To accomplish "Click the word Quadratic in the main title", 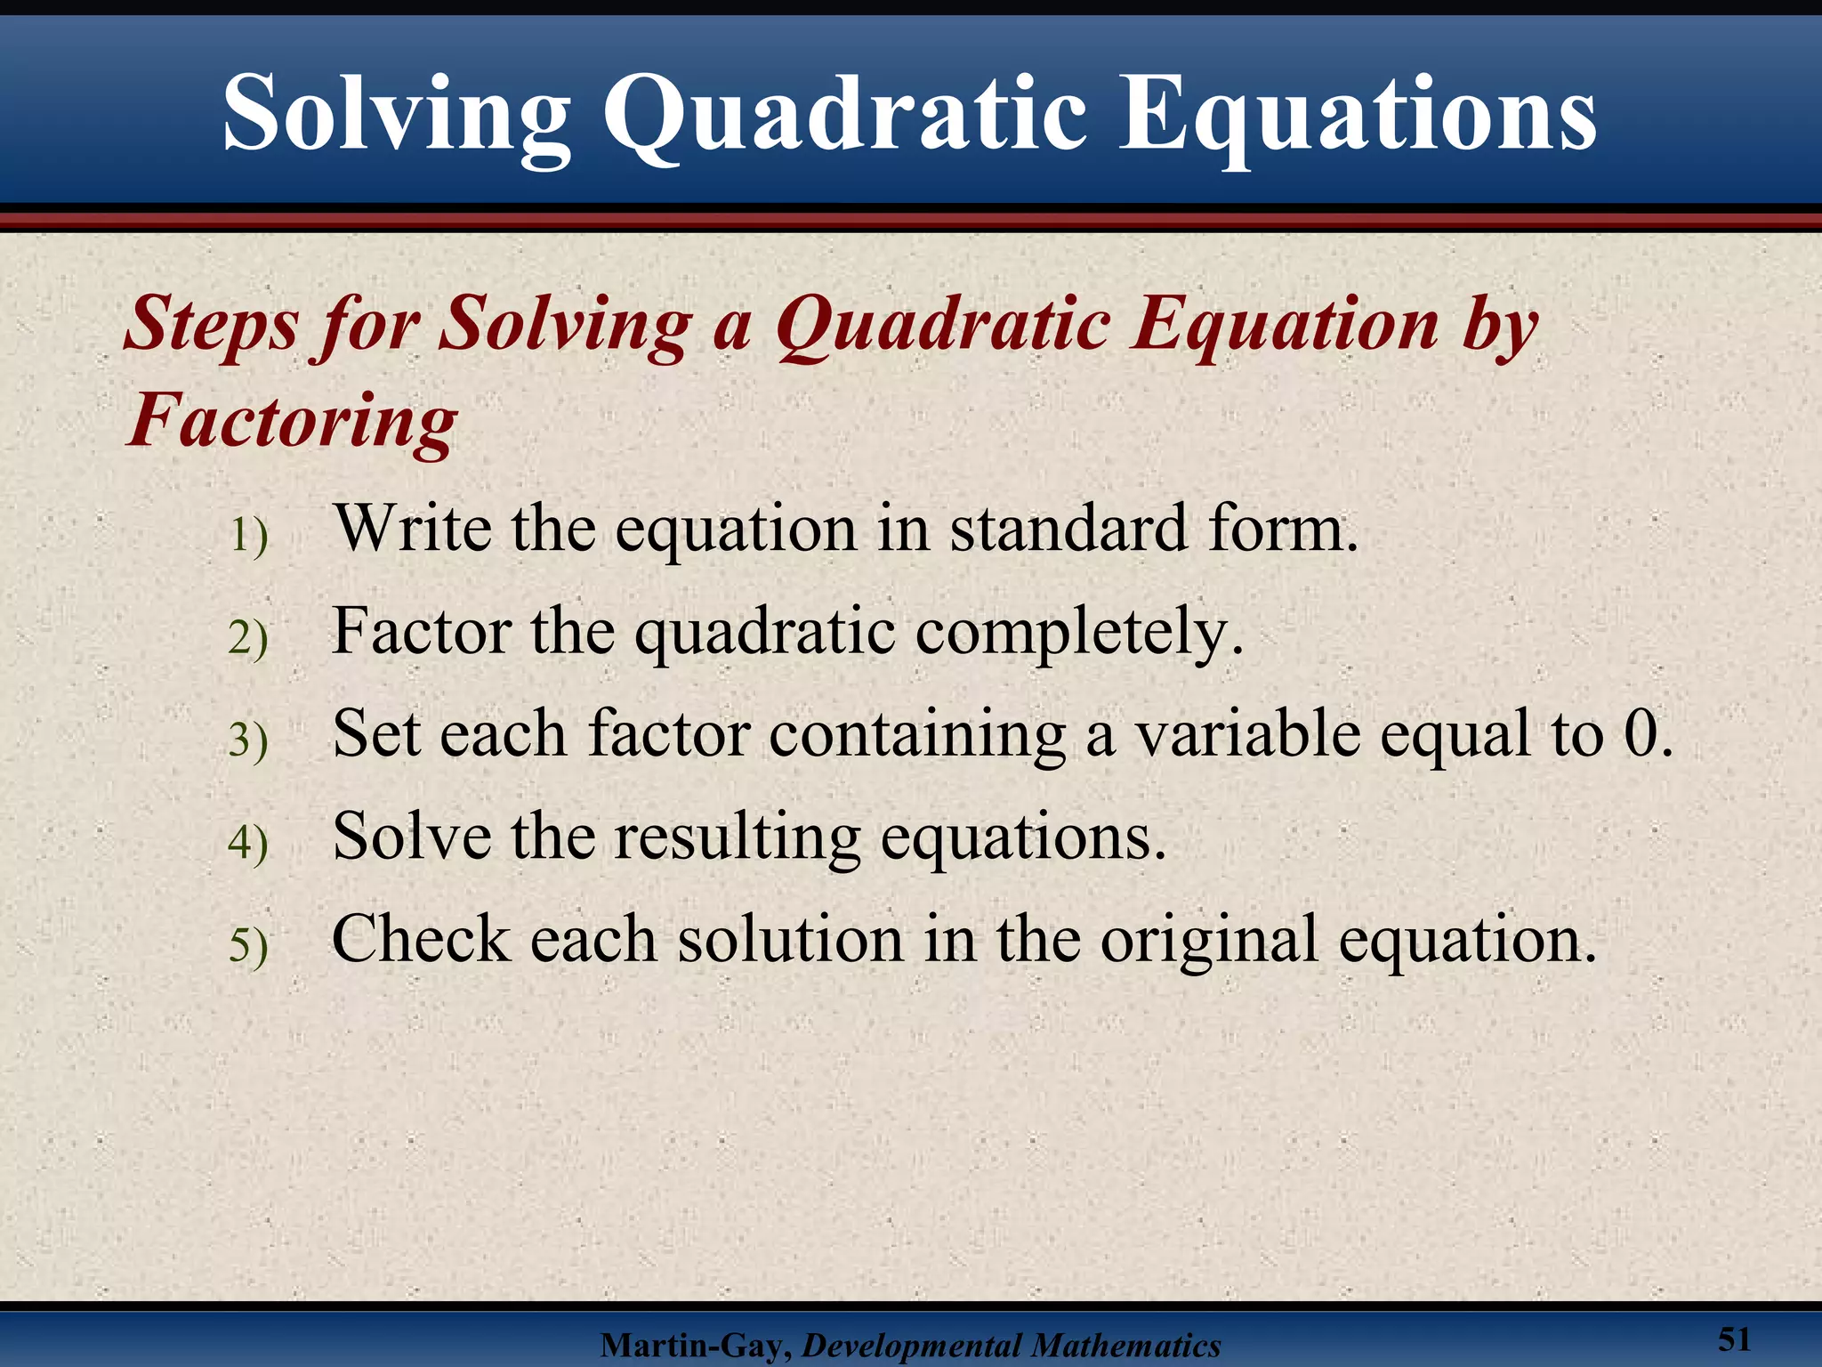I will (844, 116).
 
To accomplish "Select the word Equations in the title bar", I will (1357, 116).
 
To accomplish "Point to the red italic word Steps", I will (212, 325).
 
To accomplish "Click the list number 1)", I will (248, 536).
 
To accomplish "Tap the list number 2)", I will (248, 638).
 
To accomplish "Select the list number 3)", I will (248, 740).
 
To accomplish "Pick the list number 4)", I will (248, 843).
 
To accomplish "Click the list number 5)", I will (248, 945).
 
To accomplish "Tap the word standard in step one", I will (1068, 529).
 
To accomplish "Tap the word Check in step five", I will (421, 940).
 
